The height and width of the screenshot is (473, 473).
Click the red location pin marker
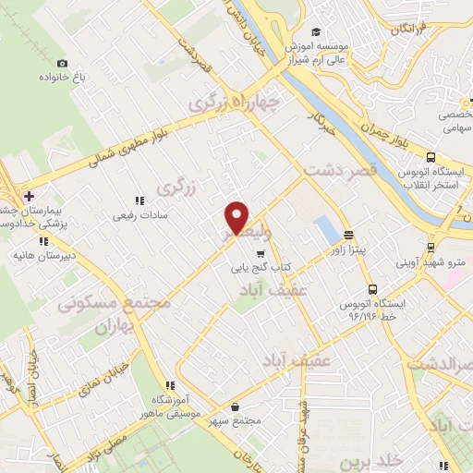pyautogui.click(x=237, y=217)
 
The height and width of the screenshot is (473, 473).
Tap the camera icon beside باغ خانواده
pyautogui.click(x=62, y=63)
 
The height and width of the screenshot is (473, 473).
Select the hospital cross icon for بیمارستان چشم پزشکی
pyautogui.click(x=29, y=195)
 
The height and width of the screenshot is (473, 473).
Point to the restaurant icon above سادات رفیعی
pyautogui.click(x=139, y=199)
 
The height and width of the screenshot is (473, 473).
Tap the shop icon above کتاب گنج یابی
pyautogui.click(x=261, y=252)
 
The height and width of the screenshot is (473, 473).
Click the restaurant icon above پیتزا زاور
pyautogui.click(x=348, y=235)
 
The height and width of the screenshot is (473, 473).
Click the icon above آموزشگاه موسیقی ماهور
pyautogui.click(x=169, y=384)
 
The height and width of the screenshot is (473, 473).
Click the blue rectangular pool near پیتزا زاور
pyautogui.click(x=325, y=230)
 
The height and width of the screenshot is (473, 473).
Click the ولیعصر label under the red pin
pyautogui.click(x=238, y=237)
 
